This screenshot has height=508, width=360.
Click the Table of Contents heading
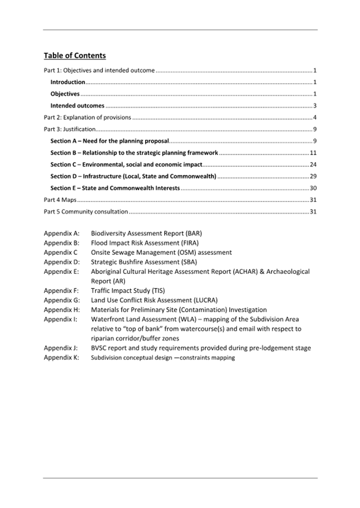click(75, 55)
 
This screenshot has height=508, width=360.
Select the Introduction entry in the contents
click(68, 82)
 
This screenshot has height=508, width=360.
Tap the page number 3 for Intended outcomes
click(315, 106)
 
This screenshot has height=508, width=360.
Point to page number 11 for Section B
click(314, 153)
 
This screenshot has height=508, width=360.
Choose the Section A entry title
click(109, 141)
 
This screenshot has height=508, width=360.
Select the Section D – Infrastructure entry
click(133, 176)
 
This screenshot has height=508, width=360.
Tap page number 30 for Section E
click(314, 188)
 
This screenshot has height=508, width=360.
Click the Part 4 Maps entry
click(60, 200)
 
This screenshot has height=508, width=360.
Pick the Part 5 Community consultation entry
click(86, 212)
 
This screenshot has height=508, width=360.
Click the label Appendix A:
click(61, 233)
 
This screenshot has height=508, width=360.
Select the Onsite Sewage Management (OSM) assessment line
click(161, 252)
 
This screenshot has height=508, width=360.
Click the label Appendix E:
click(61, 271)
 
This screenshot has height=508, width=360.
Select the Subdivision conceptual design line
click(163, 358)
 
